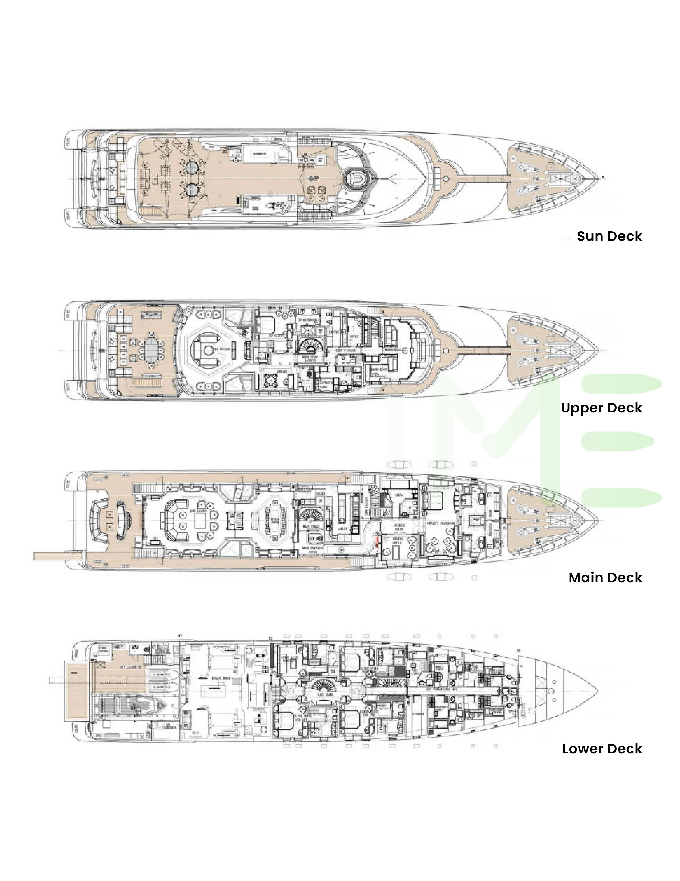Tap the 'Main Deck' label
(x=605, y=578)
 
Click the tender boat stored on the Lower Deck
(x=133, y=705)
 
